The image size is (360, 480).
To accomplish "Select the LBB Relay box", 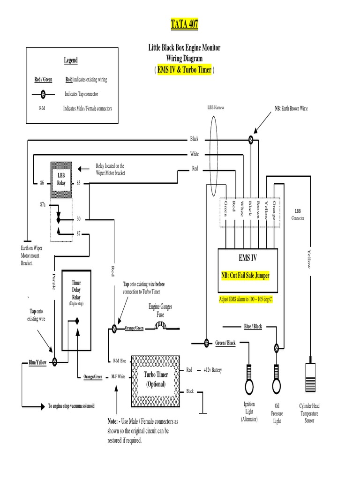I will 61,179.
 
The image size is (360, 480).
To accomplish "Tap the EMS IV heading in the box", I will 247,258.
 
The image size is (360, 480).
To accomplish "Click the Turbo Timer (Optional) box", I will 156,378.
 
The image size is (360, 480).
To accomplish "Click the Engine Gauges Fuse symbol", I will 160,328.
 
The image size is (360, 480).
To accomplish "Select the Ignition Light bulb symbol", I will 248,380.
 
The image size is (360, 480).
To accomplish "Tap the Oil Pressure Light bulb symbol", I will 277,380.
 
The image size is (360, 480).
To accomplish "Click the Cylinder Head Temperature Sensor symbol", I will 309,375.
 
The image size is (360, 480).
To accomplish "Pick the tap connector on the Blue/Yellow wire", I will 54,362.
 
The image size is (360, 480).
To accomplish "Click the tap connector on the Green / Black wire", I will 206,343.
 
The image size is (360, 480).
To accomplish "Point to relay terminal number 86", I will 42,183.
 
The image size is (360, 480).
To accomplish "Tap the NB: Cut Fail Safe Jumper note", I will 246,276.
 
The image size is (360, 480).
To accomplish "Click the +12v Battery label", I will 212,370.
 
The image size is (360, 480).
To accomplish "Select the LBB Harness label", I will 216,108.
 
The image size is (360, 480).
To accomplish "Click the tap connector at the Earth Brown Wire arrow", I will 251,139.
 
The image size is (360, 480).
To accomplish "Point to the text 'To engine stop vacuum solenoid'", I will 71,406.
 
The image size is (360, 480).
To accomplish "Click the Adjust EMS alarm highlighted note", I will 246,299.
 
